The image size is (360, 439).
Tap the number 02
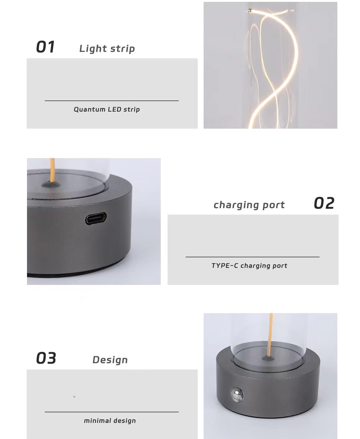point(324,203)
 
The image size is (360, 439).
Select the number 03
point(46,358)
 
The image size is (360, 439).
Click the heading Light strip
point(107,49)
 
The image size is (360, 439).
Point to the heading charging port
point(249,205)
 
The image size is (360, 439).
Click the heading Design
point(110,360)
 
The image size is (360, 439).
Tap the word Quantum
point(90,109)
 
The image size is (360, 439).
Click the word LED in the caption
point(115,109)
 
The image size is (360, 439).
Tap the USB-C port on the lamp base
point(96,219)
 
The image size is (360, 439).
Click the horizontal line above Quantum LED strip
point(112,101)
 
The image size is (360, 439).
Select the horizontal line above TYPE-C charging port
point(253,257)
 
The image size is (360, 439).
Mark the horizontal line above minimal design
point(112,412)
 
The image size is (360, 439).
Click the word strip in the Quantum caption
point(132,109)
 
